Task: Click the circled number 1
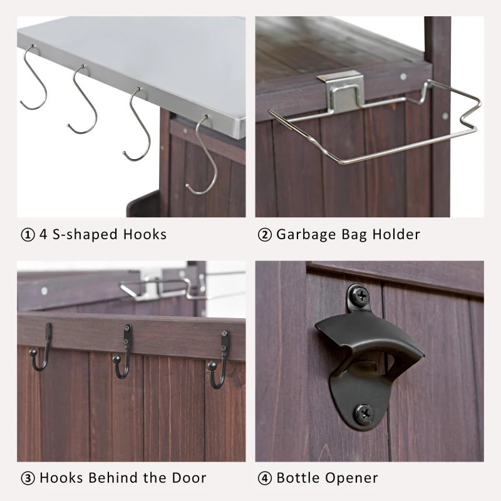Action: pos(28,235)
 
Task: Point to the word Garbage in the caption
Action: pos(306,235)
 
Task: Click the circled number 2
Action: pos(264,235)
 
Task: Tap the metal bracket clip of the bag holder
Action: pos(340,90)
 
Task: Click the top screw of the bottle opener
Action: pos(359,294)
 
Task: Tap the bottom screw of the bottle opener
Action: pos(363,412)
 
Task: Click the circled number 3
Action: pos(28,478)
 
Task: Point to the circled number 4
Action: pos(264,478)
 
